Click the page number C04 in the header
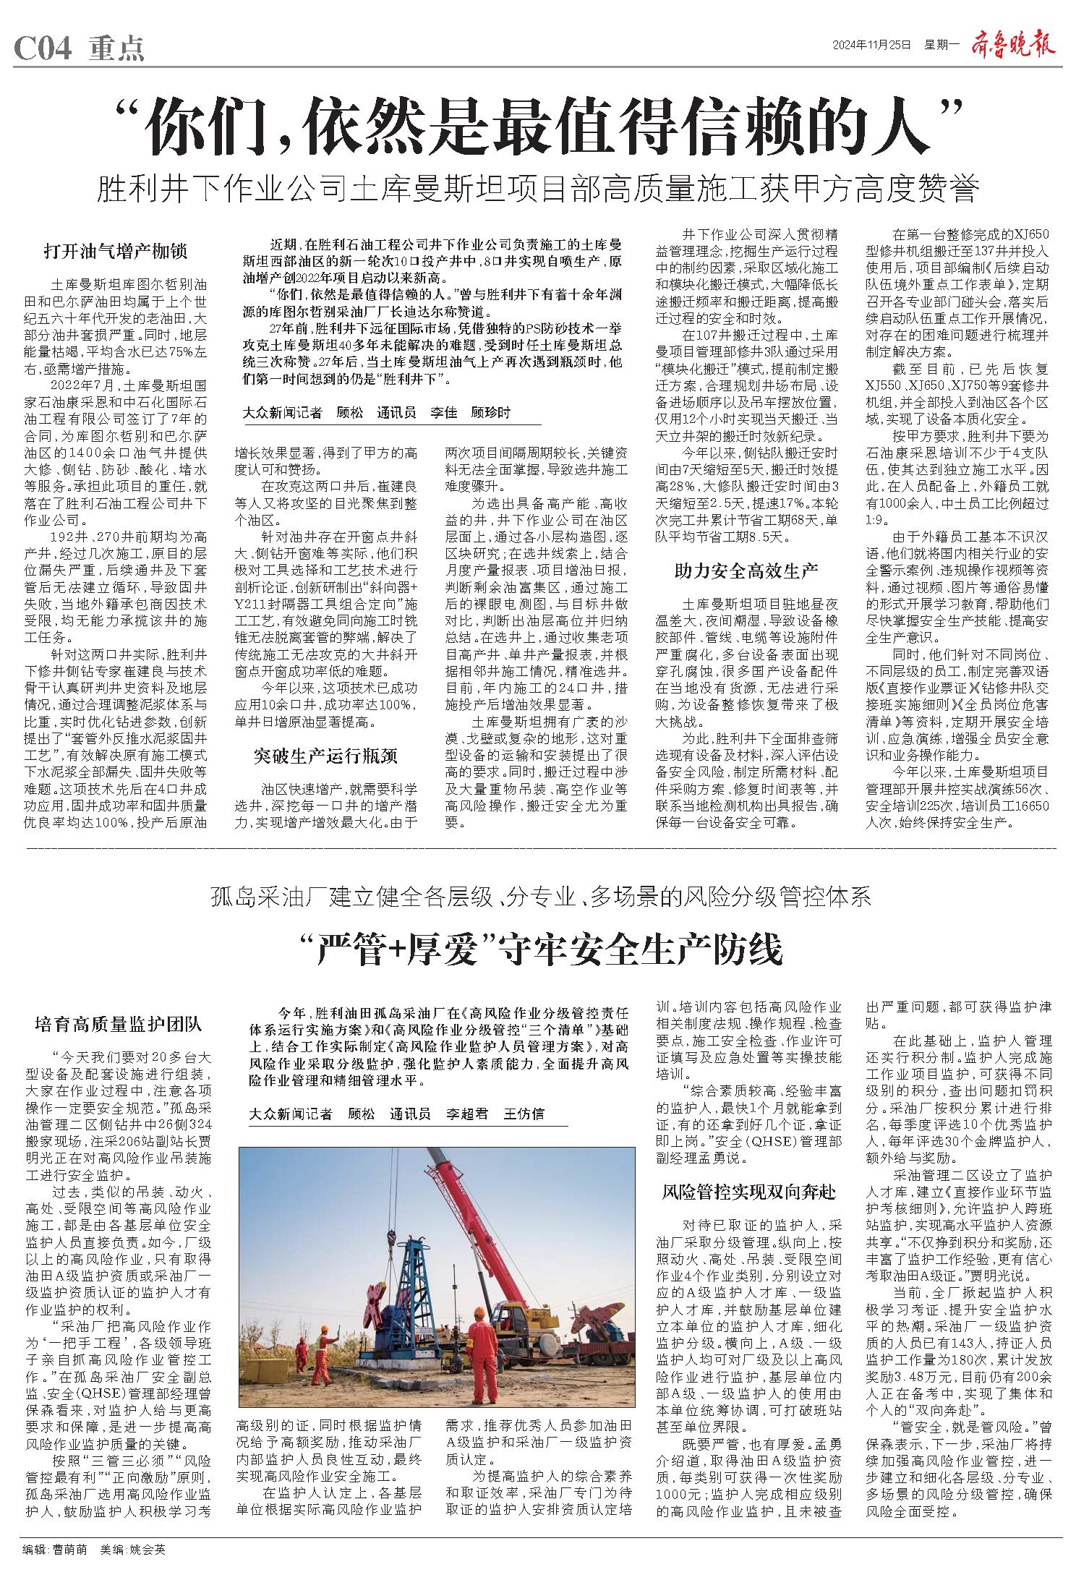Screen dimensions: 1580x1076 (x=43, y=49)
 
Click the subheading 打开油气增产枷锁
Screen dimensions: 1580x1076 (x=115, y=252)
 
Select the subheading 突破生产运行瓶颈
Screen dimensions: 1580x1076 (x=325, y=756)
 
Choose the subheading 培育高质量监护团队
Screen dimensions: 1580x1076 (x=119, y=1024)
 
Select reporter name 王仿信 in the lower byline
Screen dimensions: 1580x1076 (x=524, y=1114)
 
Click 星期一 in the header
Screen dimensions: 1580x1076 (x=939, y=46)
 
